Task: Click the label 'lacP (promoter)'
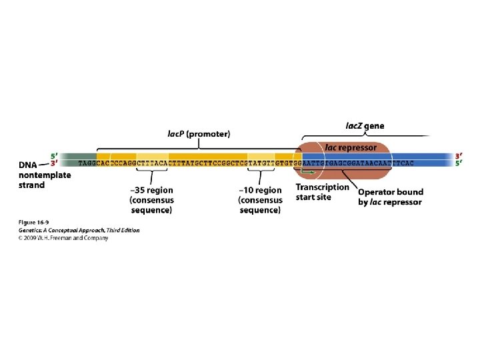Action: click(198, 133)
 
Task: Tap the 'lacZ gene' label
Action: click(364, 125)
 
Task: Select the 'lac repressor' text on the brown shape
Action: click(351, 147)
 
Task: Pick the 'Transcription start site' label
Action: click(322, 192)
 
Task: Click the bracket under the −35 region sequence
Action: click(152, 176)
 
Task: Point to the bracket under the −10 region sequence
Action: click(260, 177)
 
